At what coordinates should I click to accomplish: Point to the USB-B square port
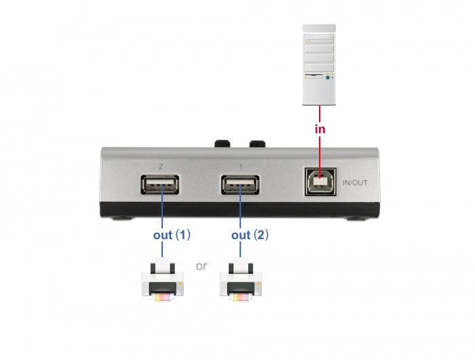tap(318, 181)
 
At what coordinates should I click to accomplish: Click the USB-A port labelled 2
tap(161, 185)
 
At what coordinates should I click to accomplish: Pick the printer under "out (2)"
tap(241, 278)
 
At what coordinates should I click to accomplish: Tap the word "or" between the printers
tap(202, 266)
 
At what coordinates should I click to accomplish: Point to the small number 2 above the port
tap(160, 166)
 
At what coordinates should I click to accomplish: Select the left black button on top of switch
tap(222, 144)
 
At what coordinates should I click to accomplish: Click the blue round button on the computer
tap(328, 78)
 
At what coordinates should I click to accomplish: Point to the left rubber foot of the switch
tap(120, 219)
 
